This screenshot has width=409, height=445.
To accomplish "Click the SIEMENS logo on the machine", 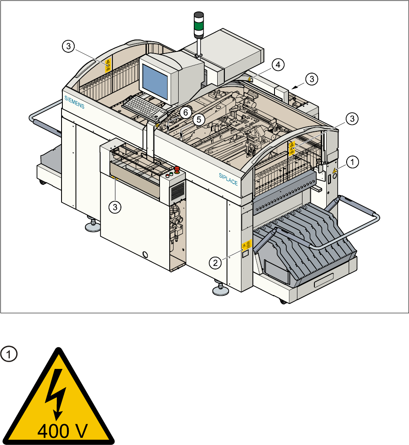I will (x=75, y=102).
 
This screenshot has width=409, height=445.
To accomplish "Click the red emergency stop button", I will (x=177, y=172).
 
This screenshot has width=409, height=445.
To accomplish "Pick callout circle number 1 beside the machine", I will (x=352, y=162).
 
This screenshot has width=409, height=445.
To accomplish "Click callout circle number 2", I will (x=216, y=263).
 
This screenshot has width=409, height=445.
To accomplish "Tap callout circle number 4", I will (x=277, y=65).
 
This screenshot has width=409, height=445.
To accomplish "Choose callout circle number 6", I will (x=184, y=112).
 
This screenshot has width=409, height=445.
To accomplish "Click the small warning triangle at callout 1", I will (x=334, y=171).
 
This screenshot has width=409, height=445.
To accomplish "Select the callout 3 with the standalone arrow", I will (x=312, y=79).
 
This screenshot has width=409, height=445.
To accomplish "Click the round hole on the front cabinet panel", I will (x=146, y=255).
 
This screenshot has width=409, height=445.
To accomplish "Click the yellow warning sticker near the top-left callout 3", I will (x=108, y=64).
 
